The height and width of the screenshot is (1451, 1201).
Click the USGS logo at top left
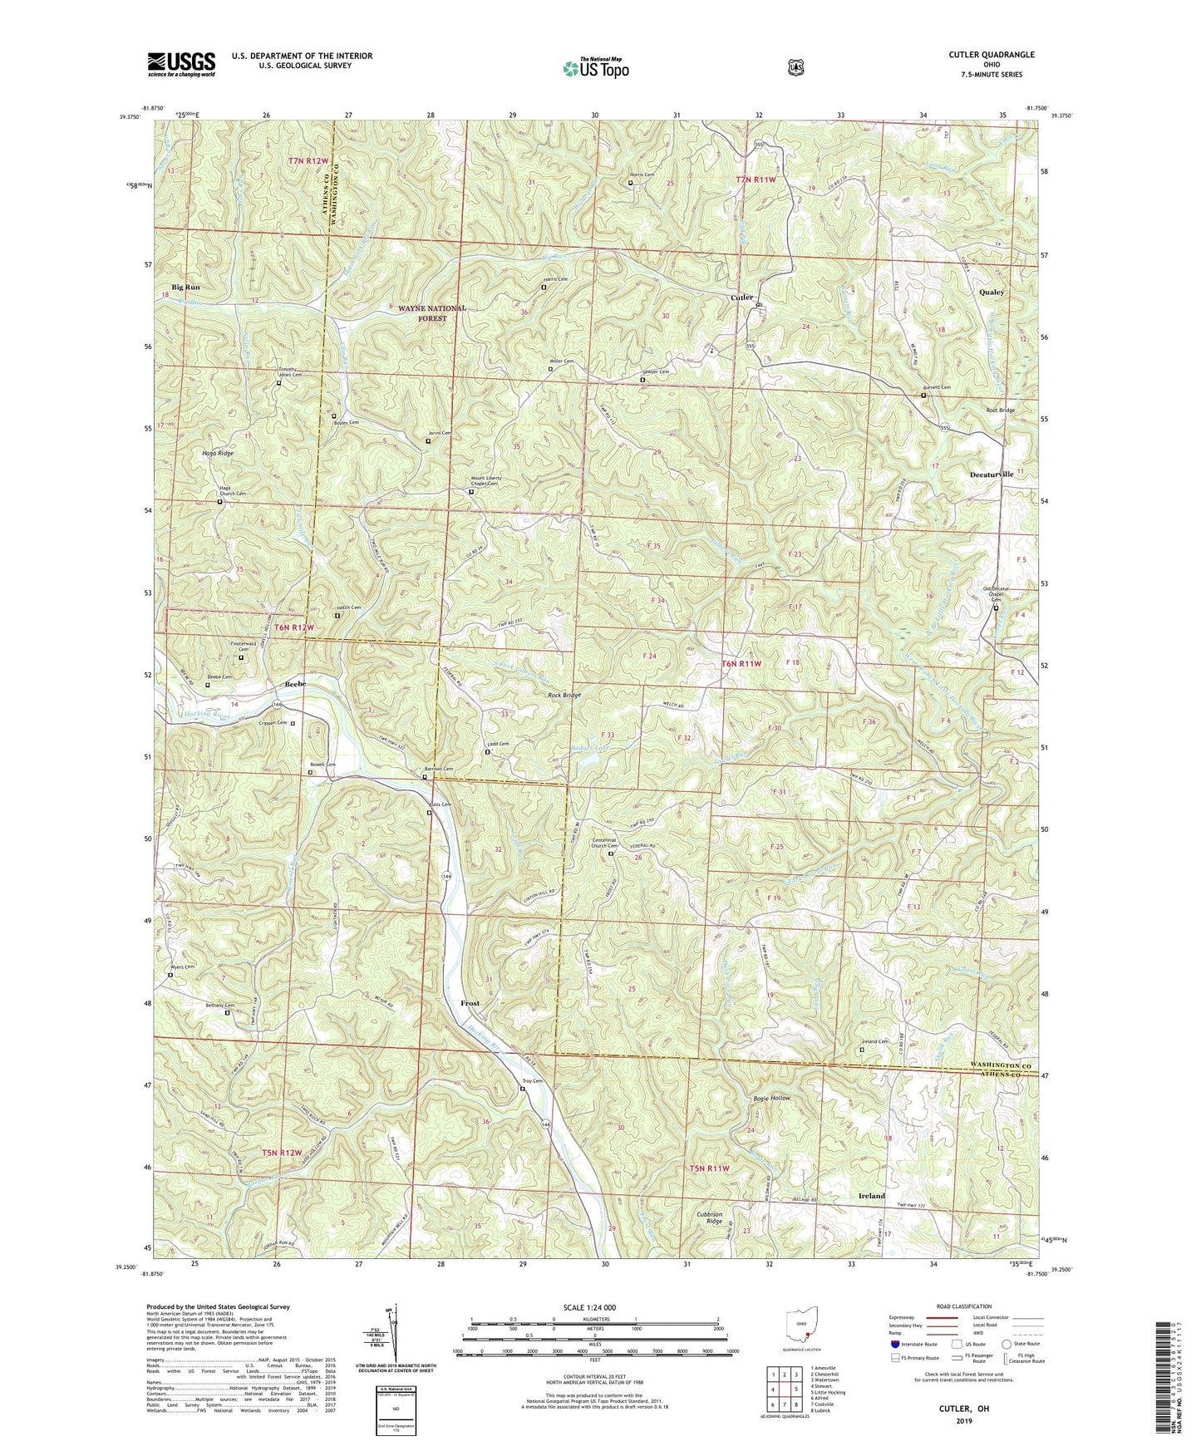[181, 64]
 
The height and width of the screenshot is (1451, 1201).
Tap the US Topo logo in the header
[595, 67]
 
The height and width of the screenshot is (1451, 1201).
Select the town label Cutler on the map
[741, 298]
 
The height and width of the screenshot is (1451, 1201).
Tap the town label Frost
[470, 1004]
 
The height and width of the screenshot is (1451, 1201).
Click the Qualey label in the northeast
[992, 293]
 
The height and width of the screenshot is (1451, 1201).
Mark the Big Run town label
[185, 287]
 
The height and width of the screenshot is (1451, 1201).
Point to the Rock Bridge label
[564, 695]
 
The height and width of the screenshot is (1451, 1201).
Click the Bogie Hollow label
[771, 1098]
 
